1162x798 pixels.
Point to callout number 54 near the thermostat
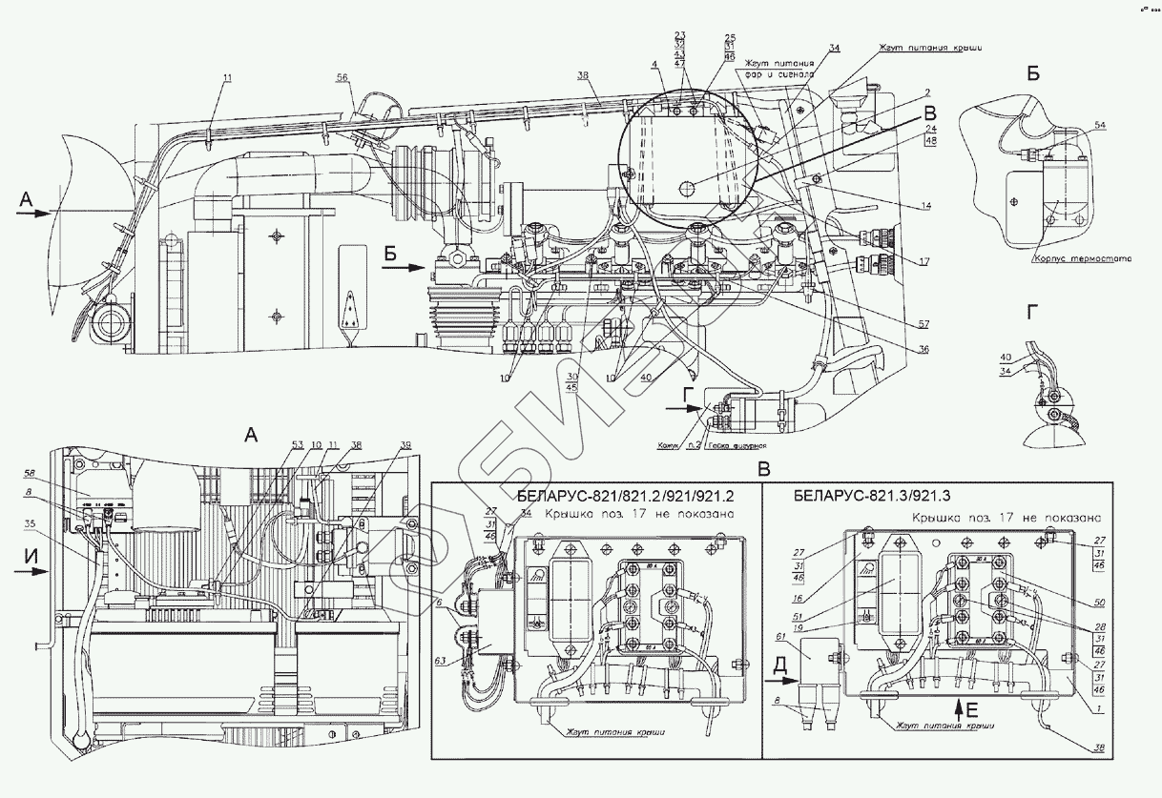(x=1099, y=126)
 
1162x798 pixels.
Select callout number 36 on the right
(x=923, y=349)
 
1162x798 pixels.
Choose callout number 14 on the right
(x=925, y=207)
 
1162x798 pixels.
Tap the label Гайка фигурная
(x=737, y=445)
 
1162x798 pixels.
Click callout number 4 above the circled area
(x=654, y=65)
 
